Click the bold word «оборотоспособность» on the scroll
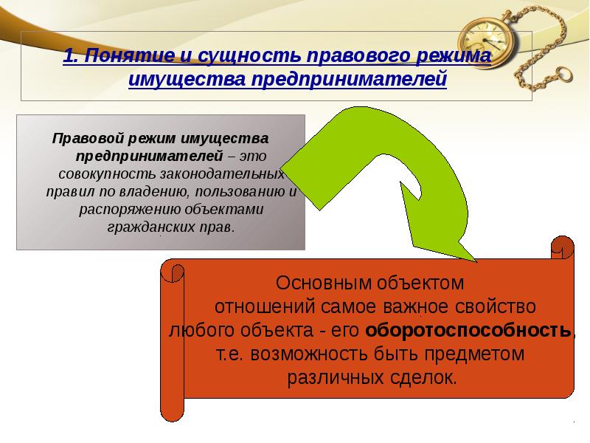pyautogui.click(x=468, y=329)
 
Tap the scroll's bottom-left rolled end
pyautogui.click(x=171, y=409)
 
